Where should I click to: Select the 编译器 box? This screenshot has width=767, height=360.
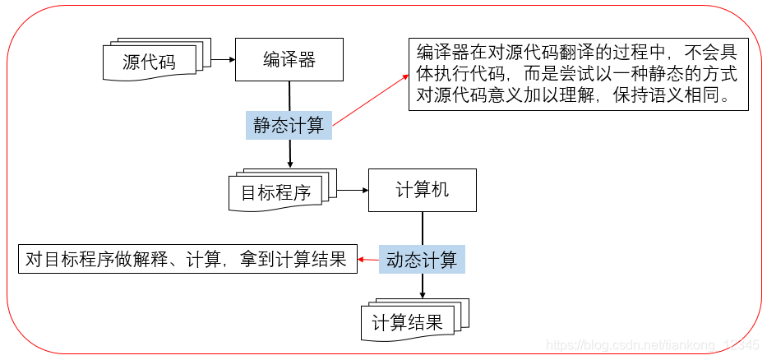click(x=289, y=59)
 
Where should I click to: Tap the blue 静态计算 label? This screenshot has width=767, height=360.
click(x=289, y=126)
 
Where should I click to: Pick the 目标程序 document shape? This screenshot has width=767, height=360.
click(x=276, y=192)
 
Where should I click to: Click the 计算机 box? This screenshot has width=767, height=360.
click(x=422, y=191)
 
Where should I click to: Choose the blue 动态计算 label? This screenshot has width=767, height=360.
click(x=422, y=261)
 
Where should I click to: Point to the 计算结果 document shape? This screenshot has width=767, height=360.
click(x=408, y=322)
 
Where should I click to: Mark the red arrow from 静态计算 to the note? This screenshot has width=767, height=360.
click(x=370, y=99)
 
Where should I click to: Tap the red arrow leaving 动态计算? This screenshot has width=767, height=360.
click(x=367, y=261)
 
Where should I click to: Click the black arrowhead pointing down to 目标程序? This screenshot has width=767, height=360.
click(x=289, y=165)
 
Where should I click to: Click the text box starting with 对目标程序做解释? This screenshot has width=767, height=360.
click(x=187, y=261)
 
